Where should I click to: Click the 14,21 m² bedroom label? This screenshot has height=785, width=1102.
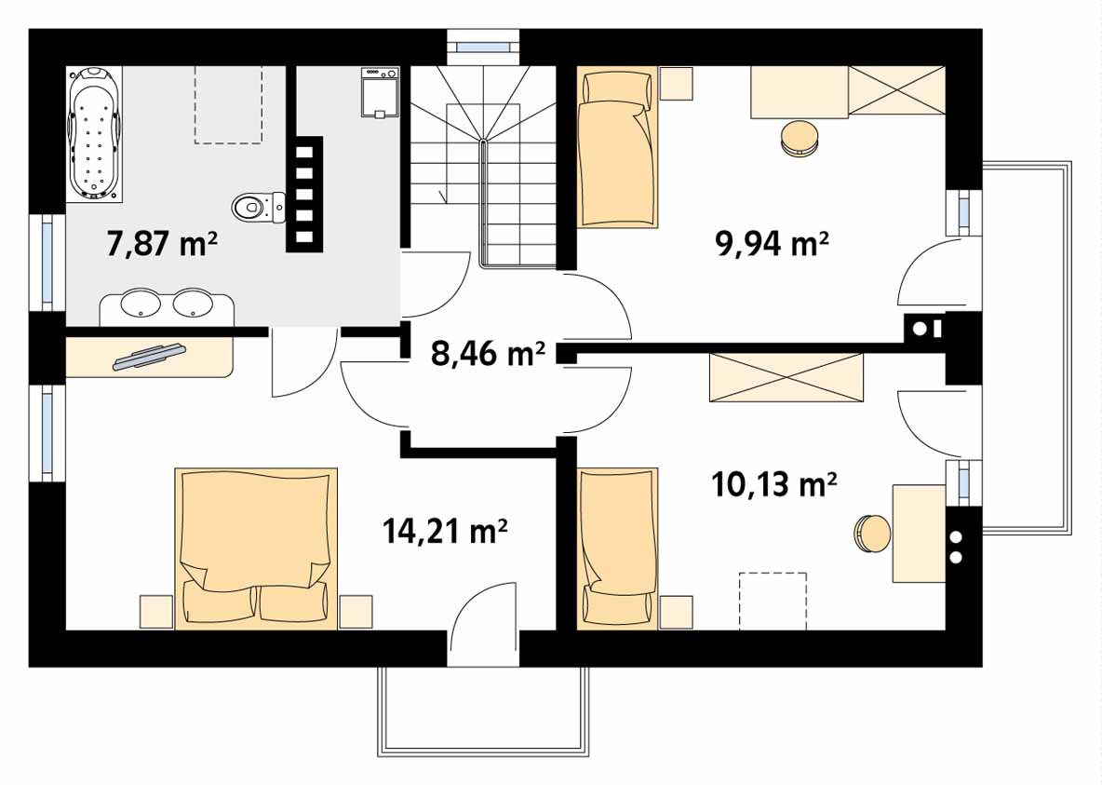point(445,532)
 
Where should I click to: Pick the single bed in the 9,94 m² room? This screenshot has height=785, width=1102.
point(615,149)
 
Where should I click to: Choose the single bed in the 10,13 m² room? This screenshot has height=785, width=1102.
point(615,548)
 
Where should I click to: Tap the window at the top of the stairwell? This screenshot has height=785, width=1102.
point(483,43)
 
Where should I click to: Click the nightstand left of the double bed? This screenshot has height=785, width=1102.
point(156,611)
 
